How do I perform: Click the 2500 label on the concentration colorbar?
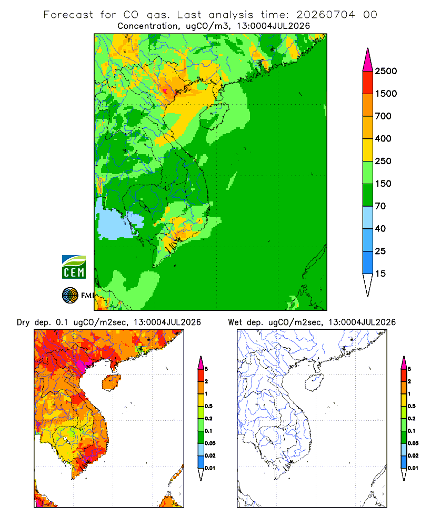coord(386,71)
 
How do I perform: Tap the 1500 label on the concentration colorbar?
coord(386,94)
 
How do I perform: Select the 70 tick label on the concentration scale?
coord(380,206)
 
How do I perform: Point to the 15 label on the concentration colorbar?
coord(380,274)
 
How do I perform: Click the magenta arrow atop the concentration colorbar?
coord(368,60)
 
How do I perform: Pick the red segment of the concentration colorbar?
coord(368,83)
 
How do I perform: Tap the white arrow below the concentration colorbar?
coord(368,285)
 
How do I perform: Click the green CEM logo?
coord(74,267)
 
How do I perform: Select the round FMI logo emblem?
coord(70,296)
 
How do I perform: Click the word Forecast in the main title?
coord(68,15)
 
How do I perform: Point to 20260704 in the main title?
coord(325,15)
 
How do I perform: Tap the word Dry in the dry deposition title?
coord(23,322)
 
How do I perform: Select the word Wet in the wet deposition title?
coord(235,322)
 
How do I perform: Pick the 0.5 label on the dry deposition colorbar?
coord(208,406)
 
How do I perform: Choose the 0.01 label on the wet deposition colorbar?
coord(413,468)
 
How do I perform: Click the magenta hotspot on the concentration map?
coord(165,90)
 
